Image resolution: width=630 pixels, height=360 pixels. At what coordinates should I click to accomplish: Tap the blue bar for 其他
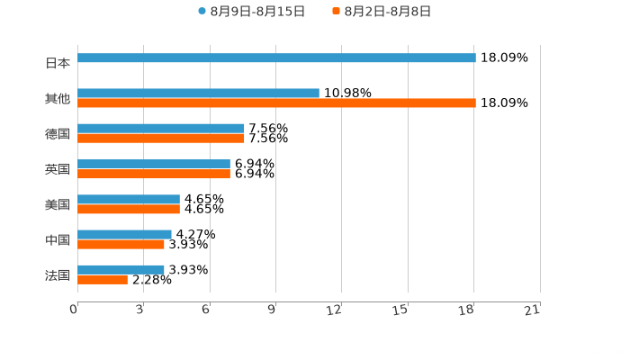pos(198,94)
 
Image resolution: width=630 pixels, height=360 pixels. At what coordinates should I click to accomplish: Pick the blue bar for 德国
pos(161,129)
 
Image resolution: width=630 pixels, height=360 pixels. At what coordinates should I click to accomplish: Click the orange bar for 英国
pos(154,174)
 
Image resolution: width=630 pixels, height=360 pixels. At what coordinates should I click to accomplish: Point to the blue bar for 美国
pos(129,199)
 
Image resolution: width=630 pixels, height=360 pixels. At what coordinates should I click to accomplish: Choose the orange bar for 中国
pos(121,244)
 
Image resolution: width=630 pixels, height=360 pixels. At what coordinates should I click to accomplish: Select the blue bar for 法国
pos(121,269)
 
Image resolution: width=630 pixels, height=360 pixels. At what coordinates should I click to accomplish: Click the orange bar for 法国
pos(103,280)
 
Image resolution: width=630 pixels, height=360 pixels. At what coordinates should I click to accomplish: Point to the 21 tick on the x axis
pos(533,310)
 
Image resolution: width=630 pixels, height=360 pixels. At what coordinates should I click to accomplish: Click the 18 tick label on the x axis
pos(467,310)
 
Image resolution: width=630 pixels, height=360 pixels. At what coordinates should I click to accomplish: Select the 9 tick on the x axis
pos(273,310)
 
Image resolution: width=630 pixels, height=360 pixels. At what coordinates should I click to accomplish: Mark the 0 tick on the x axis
pos(74,310)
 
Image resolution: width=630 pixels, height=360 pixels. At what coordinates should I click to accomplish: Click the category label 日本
pos(58,64)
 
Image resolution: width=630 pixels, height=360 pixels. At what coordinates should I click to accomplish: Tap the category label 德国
pos(58,134)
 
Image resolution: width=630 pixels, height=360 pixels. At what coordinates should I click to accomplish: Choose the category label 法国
pos(58,274)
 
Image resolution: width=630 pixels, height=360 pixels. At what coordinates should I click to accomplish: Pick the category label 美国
pos(58,204)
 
